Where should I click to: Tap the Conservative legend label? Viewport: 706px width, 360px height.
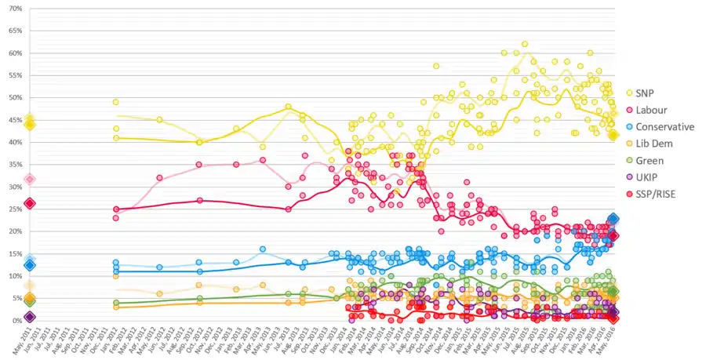pyautogui.click(x=665, y=126)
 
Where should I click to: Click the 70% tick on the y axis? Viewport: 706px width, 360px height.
pyautogui.click(x=13, y=9)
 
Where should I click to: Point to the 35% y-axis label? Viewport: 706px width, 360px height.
pyautogui.click(x=13, y=165)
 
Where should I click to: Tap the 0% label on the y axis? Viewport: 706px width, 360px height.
pyautogui.click(x=16, y=321)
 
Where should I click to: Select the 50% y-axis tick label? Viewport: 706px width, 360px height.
pyautogui.click(x=13, y=98)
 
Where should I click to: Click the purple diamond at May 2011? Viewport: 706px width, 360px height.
pyautogui.click(x=30, y=317)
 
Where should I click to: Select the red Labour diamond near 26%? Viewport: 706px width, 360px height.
pyautogui.click(x=30, y=204)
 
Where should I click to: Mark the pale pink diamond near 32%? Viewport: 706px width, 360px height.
pyautogui.click(x=30, y=180)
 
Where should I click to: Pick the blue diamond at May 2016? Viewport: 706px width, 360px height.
pyautogui.click(x=614, y=220)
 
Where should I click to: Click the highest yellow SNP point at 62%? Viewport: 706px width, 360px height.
pyautogui.click(x=525, y=44)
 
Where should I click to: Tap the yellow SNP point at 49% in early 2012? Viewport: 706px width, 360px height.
pyautogui.click(x=116, y=102)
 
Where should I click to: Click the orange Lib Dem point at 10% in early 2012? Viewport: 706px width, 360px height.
pyautogui.click(x=116, y=276)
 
